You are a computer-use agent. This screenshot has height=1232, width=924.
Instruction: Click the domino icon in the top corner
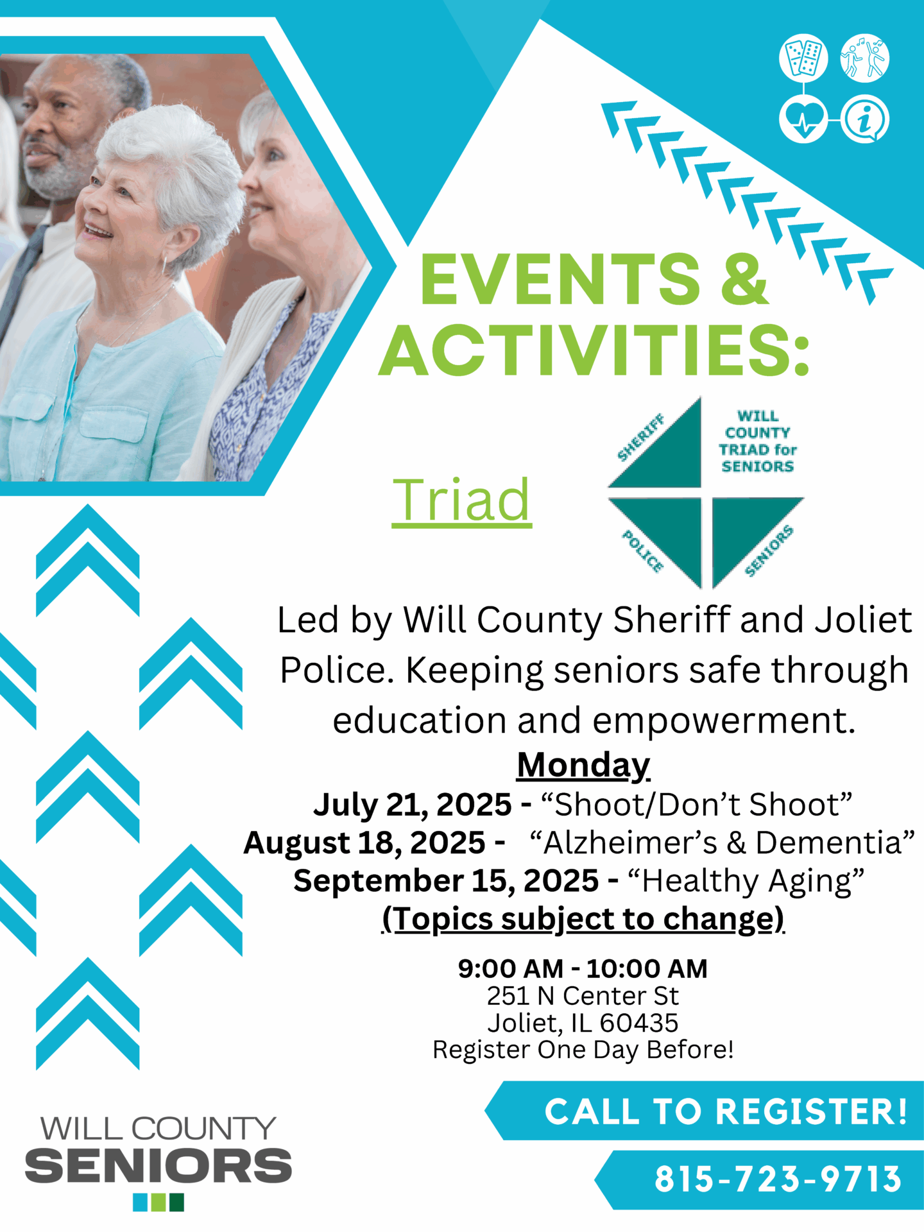point(803,58)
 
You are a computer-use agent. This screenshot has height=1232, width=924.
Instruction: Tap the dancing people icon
point(865,58)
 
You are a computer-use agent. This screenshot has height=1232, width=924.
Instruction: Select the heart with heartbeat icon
point(803,119)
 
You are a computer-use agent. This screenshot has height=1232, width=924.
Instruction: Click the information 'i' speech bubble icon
point(865,119)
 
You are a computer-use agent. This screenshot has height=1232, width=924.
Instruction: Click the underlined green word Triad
point(462,501)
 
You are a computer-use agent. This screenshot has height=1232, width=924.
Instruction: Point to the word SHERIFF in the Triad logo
point(641,438)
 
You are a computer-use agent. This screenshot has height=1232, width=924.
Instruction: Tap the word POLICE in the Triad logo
point(642,551)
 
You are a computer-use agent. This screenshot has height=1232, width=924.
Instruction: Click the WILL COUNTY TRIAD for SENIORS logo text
point(757,441)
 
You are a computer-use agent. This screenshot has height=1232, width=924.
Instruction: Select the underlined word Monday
point(583,765)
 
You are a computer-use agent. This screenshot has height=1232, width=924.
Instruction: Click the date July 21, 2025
point(413,805)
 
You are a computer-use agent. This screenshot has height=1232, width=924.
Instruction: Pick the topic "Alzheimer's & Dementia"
point(722,843)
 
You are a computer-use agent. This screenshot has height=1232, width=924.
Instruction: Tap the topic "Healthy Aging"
point(746,881)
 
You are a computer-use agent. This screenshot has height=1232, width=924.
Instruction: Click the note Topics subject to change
point(583,919)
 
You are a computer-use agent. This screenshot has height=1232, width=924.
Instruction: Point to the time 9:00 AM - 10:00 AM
point(583,968)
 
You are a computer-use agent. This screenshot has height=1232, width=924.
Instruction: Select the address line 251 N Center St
point(583,996)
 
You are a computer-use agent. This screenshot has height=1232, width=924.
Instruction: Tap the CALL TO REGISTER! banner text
point(726,1111)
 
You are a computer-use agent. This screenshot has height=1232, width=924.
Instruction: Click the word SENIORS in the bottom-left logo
point(158,1166)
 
